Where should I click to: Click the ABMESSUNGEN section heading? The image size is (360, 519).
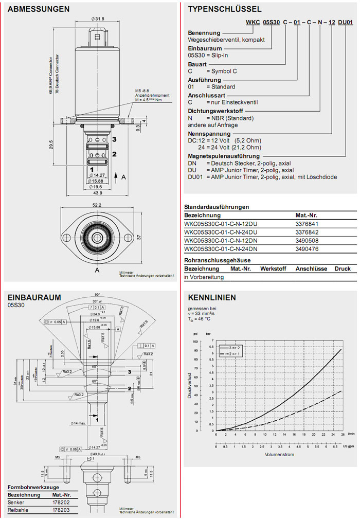click(x=39, y=9)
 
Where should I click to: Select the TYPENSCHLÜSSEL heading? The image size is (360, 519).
click(x=225, y=9)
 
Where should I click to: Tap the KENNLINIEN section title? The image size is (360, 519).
click(x=212, y=297)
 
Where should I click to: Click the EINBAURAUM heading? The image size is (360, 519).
click(x=34, y=297)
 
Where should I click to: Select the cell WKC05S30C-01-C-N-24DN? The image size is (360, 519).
click(x=221, y=249)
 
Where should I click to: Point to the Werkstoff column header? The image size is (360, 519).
click(x=274, y=269)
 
